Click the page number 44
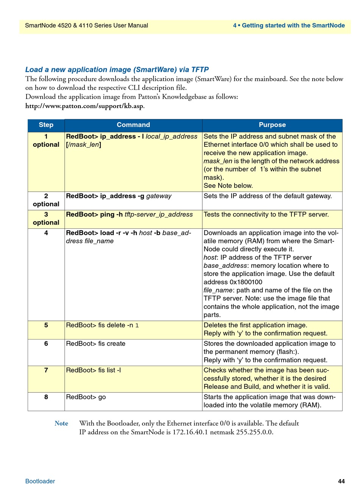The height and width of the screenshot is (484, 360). tap(341, 481)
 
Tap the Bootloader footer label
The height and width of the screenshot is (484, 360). tap(40, 481)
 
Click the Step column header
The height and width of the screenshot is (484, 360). tap(46, 125)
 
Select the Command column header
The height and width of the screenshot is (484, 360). tap(133, 125)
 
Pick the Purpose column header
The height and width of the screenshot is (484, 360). tap(272, 125)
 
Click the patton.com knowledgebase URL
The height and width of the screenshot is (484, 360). tap(85, 106)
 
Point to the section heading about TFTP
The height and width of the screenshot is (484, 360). tap(117, 69)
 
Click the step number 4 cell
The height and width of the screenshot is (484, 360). tap(46, 233)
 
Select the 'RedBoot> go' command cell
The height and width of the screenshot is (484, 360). tap(86, 397)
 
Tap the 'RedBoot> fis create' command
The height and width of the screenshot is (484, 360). tap(95, 344)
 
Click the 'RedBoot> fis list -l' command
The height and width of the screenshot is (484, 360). tap(94, 370)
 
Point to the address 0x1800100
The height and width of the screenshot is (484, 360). tap(246, 282)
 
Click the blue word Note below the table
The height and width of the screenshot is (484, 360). tap(61, 423)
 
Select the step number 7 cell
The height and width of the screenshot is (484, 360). tap(46, 370)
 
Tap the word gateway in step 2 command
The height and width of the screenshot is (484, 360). tap(159, 196)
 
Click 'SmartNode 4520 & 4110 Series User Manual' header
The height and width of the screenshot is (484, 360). tap(86, 26)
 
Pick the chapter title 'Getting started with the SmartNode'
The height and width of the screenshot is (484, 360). tap(293, 26)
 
